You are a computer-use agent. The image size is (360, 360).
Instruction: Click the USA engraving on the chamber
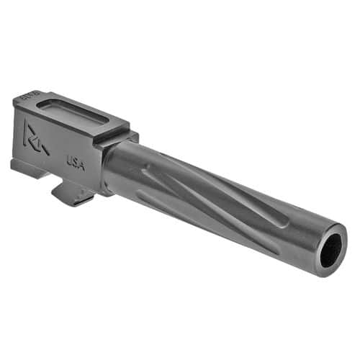[x=76, y=163]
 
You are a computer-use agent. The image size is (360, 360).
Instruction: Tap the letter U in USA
[x=70, y=160]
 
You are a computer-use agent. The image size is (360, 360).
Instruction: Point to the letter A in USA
[x=81, y=166]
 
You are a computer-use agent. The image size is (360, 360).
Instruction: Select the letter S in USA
[x=76, y=163]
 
